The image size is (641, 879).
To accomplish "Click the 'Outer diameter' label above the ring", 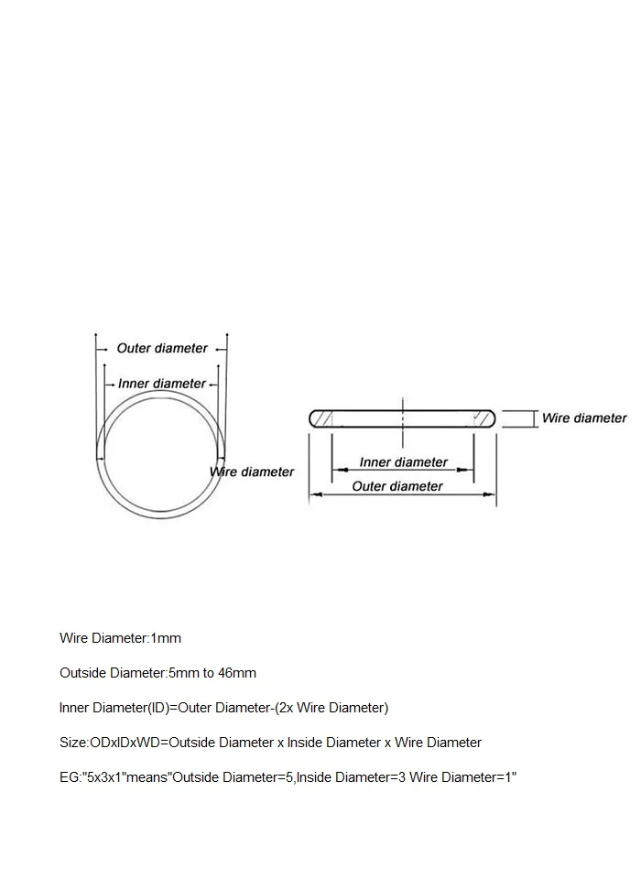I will [x=162, y=348].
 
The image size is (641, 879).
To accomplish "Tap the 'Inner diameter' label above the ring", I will [x=162, y=384].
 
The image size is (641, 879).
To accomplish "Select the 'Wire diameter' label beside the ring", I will [x=253, y=472].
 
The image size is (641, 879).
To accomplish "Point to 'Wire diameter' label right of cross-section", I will [x=584, y=418].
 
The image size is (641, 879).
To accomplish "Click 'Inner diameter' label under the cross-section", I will [x=403, y=462].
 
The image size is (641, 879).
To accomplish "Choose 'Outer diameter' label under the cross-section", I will [x=397, y=486].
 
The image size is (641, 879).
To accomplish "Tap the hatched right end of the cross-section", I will [x=483, y=418].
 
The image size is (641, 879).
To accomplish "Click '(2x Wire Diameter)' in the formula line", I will [x=331, y=708].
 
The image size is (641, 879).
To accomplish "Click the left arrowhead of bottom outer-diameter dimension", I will [x=314, y=494].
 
